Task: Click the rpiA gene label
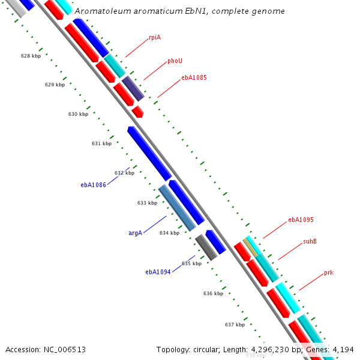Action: coord(155,37)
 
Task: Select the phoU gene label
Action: coord(175,61)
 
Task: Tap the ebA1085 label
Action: coord(194,77)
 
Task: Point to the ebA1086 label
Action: coord(93,185)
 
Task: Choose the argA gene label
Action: coord(135,233)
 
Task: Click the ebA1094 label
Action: coord(158,272)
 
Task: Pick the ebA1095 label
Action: coord(301,220)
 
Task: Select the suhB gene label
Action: coord(310,241)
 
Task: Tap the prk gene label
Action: coord(328,272)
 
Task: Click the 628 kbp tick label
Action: coord(31,56)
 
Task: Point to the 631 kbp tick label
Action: coord(101,143)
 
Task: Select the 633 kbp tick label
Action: coord(147,203)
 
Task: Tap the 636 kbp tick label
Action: coord(213,293)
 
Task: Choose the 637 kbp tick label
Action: coord(235,325)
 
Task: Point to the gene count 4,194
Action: coord(342,349)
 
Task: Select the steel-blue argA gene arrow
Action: coord(177,208)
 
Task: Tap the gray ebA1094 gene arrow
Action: coord(206,247)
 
